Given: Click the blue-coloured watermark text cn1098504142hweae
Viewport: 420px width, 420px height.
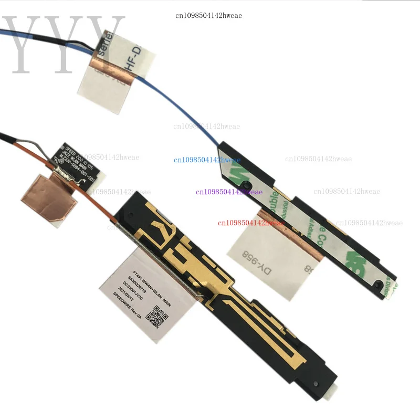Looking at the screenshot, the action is coord(207,160).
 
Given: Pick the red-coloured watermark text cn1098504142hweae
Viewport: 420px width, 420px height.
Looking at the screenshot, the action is coord(250,223).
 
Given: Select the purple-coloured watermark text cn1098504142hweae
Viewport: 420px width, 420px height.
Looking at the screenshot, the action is coord(228,192).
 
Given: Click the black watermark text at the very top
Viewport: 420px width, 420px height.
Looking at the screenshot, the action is coord(208,15).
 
